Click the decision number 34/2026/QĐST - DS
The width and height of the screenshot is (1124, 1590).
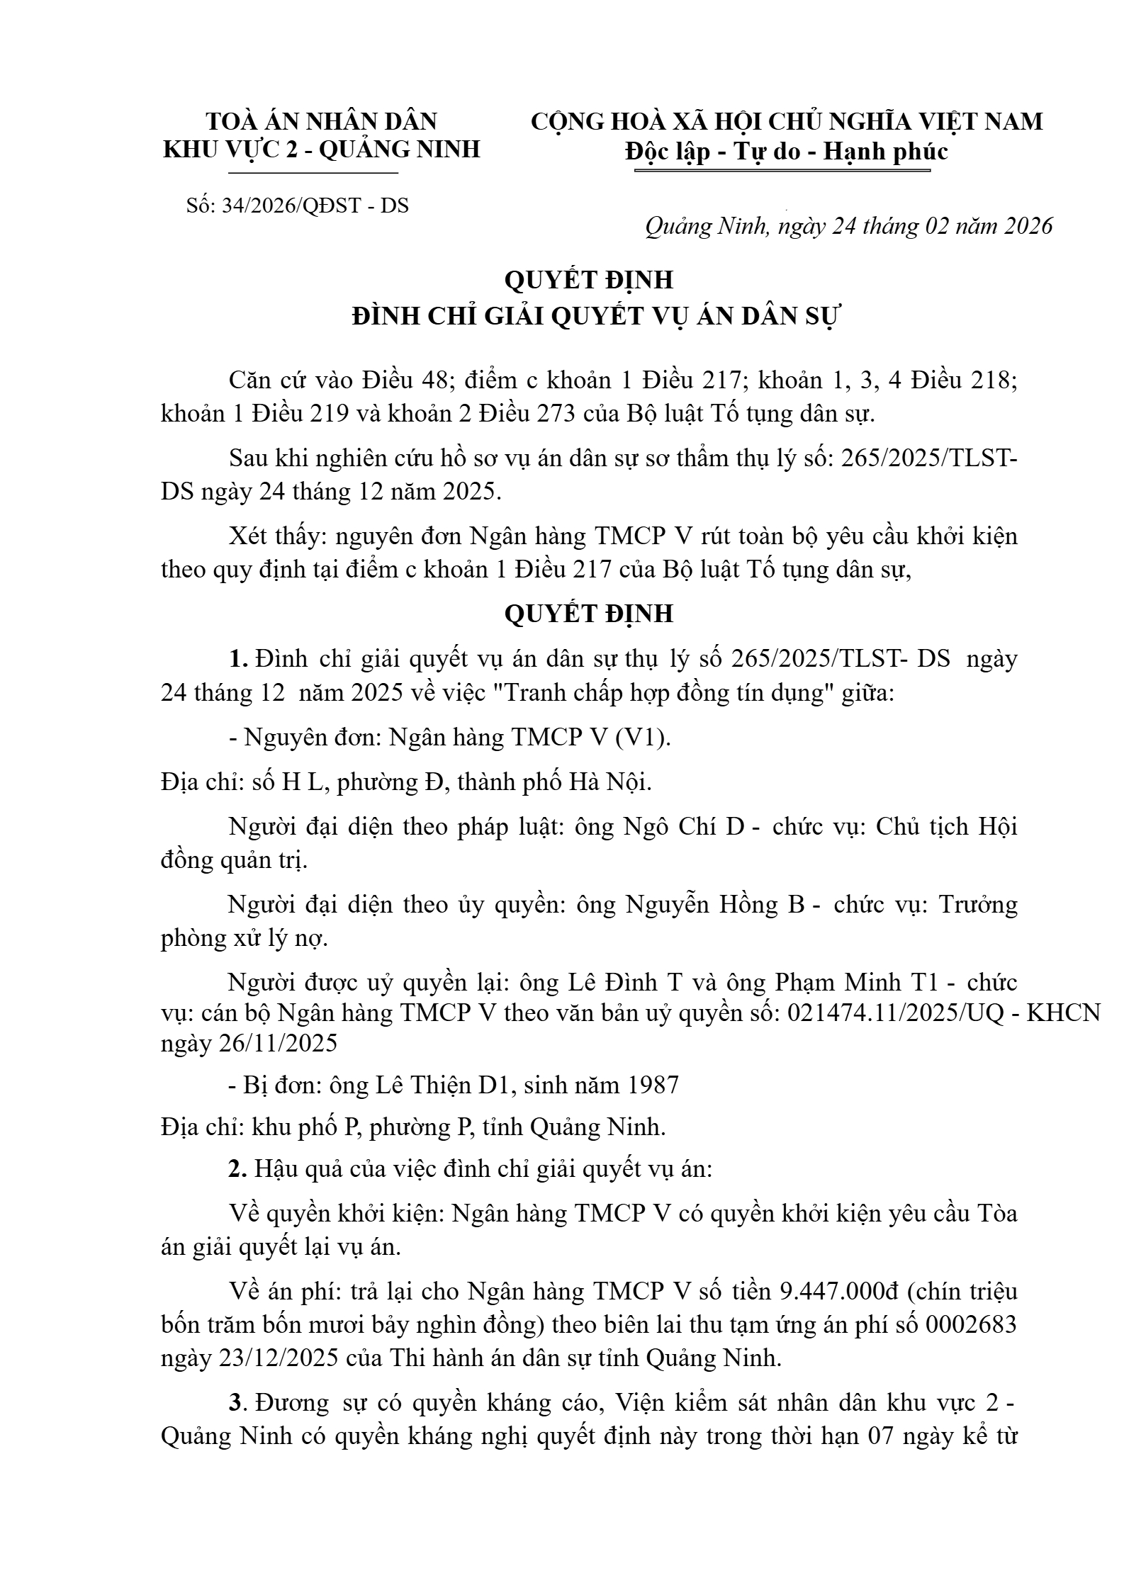[x=315, y=205]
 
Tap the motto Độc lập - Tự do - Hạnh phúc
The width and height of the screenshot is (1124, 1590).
[x=787, y=152]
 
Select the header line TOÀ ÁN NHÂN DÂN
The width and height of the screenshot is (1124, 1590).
[x=321, y=122]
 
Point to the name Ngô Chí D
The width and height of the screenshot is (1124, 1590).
[x=683, y=827]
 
